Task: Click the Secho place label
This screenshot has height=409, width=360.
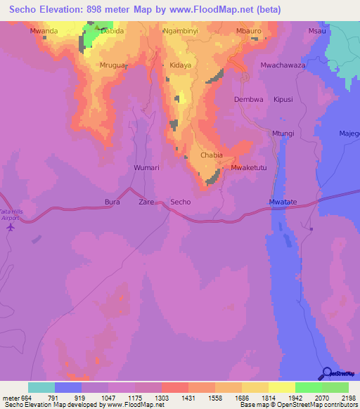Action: [x=181, y=202]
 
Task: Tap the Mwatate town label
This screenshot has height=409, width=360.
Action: [x=283, y=202]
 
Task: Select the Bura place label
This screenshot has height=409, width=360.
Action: [x=112, y=202]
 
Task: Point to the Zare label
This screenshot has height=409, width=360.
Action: [x=146, y=202]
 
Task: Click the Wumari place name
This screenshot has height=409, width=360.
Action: [x=146, y=169]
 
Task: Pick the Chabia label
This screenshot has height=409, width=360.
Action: [x=212, y=155]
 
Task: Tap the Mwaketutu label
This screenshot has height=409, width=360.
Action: [x=249, y=169]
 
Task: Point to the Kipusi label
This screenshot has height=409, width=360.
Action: [x=283, y=100]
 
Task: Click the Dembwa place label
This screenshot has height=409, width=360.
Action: [x=248, y=100]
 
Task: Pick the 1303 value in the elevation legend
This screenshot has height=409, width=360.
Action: [x=162, y=397]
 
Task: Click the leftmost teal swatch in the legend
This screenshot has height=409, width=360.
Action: [x=41, y=387]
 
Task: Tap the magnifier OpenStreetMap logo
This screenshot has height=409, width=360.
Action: [x=326, y=374]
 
